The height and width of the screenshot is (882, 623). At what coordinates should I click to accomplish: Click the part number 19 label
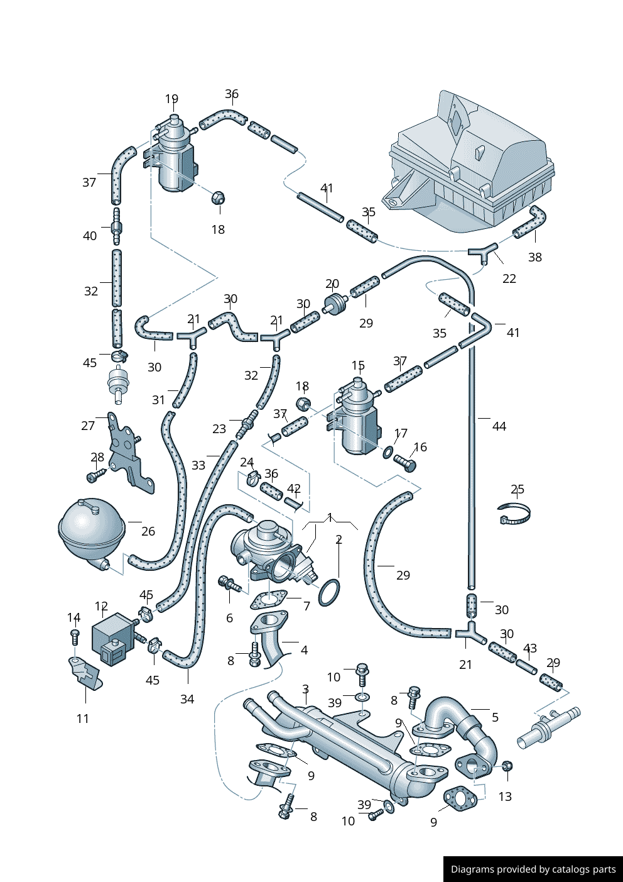[171, 99]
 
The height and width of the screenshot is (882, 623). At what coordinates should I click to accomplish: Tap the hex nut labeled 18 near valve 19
[218, 199]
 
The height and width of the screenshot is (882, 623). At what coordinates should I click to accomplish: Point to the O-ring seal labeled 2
[329, 592]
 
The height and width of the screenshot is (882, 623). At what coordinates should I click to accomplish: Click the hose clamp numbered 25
[514, 514]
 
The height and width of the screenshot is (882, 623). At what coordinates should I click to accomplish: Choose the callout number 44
[499, 427]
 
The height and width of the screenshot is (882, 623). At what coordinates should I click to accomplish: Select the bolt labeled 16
[406, 464]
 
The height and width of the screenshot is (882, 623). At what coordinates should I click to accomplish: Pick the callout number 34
[187, 699]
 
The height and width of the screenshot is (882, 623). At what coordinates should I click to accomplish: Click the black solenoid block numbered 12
[112, 638]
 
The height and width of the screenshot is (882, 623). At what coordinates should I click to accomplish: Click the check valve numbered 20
[336, 304]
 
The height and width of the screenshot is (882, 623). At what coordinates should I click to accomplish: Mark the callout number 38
[535, 257]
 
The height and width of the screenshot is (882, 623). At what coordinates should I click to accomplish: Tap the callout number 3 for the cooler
[305, 690]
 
